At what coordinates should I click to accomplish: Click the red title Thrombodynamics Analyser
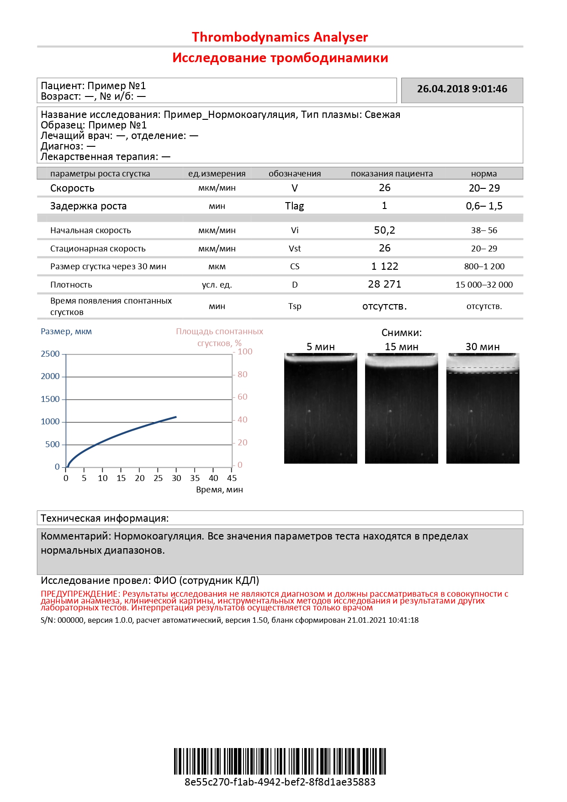(280, 37)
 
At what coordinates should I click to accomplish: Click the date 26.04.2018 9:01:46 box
(462, 90)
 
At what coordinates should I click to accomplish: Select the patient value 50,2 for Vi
(384, 230)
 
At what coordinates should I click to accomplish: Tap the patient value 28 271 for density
(384, 284)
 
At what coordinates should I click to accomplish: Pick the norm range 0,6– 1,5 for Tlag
(484, 206)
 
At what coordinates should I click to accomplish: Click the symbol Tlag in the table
(294, 206)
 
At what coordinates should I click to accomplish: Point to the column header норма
(484, 174)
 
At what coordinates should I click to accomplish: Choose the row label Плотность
(71, 285)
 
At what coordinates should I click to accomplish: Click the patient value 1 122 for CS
(384, 267)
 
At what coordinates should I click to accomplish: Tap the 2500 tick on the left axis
(50, 354)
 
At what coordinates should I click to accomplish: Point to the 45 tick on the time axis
(232, 478)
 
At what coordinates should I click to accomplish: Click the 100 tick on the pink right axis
(245, 352)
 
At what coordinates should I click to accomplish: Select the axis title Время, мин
(219, 490)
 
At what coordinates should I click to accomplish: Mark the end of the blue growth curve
(176, 417)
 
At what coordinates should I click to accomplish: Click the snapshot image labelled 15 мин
(401, 408)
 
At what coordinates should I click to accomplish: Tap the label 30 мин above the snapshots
(482, 347)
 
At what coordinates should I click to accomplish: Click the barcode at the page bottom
(280, 761)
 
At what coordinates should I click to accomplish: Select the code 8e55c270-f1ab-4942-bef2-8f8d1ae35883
(280, 782)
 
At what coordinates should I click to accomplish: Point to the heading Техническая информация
(105, 519)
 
